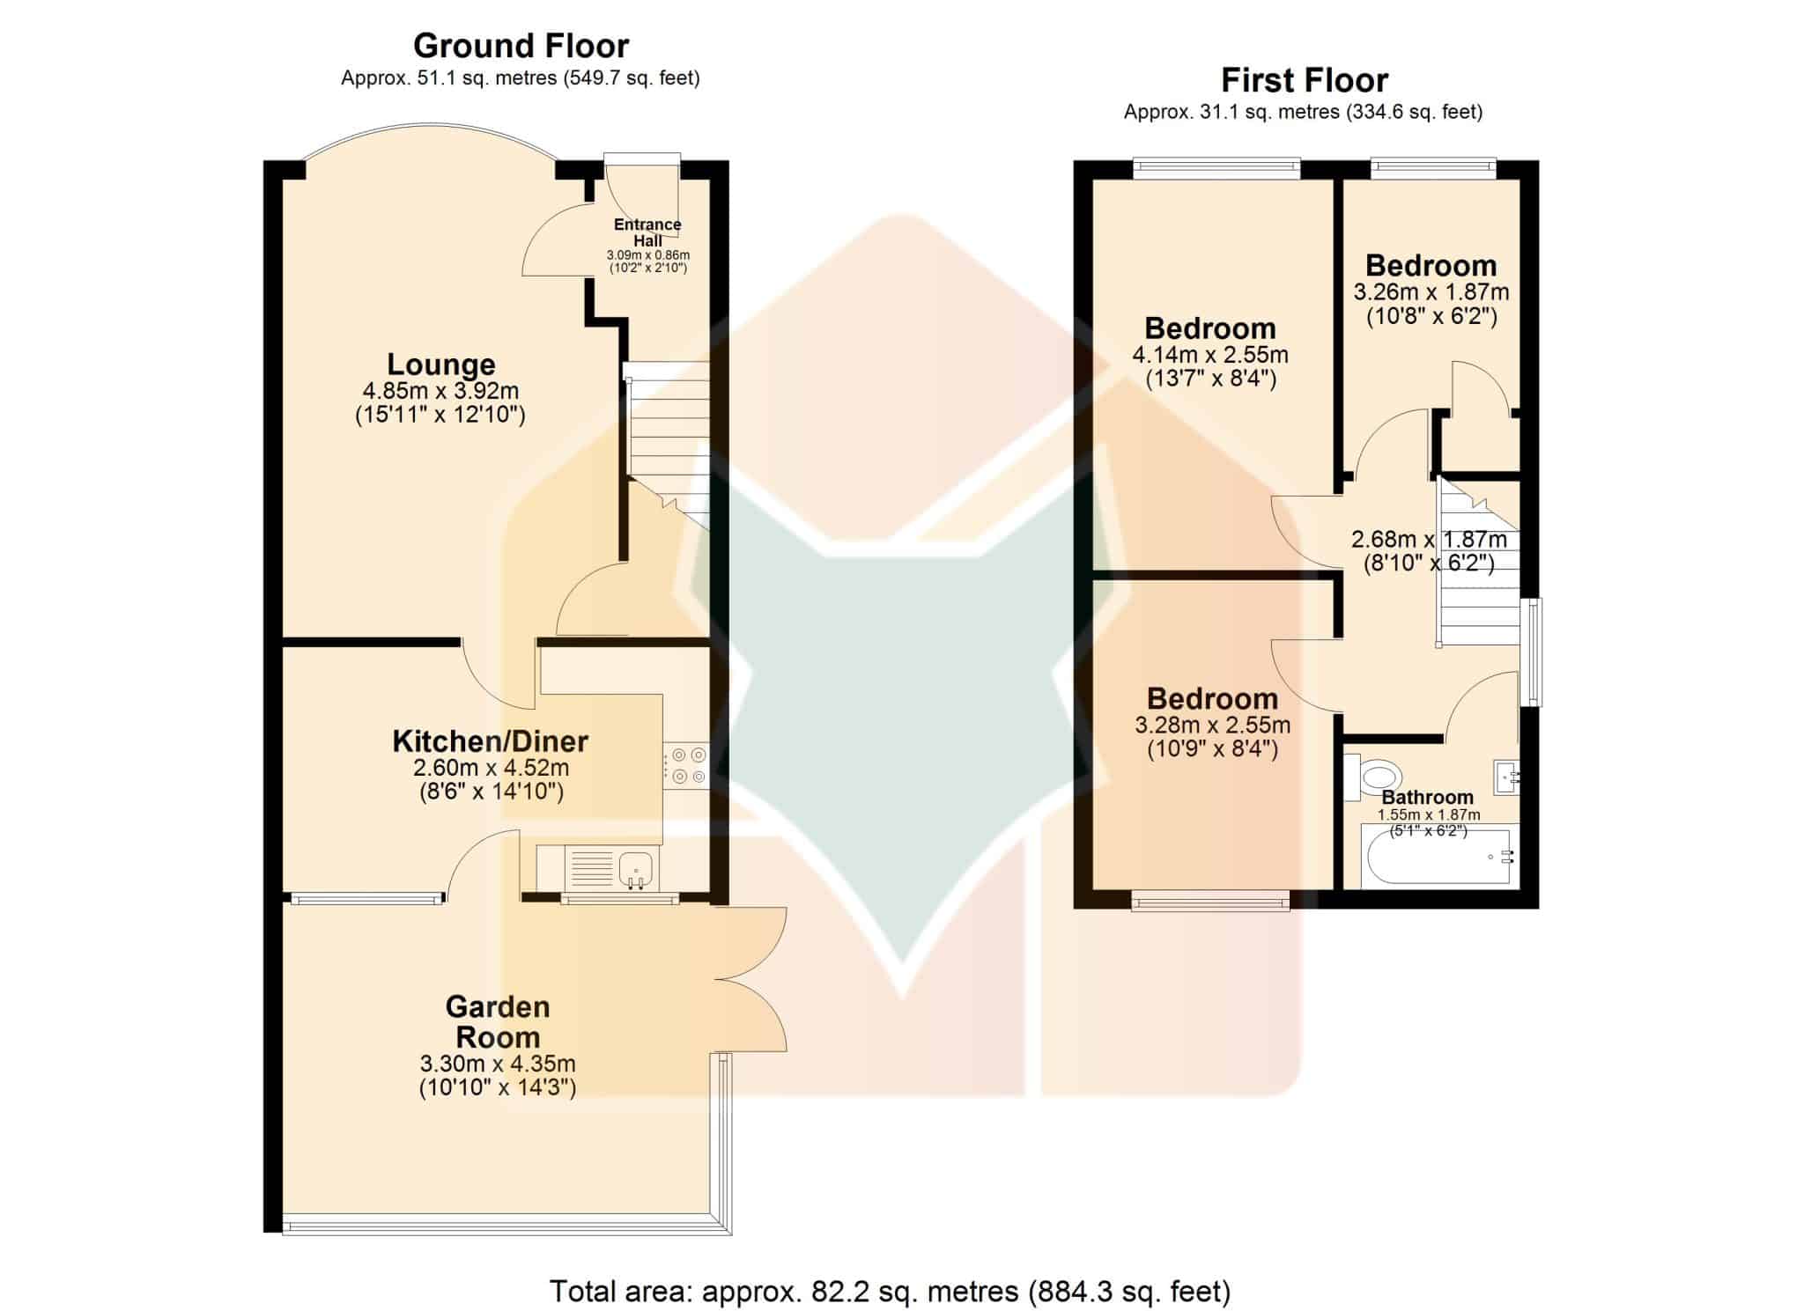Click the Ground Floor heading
coord(521,46)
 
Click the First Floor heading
coord(1305,81)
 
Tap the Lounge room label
coord(441,364)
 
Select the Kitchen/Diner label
coord(490,740)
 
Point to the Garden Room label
coord(498,1021)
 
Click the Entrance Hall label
coord(647,232)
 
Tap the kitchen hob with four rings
coord(686,765)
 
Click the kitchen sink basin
coord(636,867)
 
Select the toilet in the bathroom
coord(1373,776)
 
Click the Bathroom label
coord(1428,797)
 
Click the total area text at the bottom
coord(890,1292)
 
